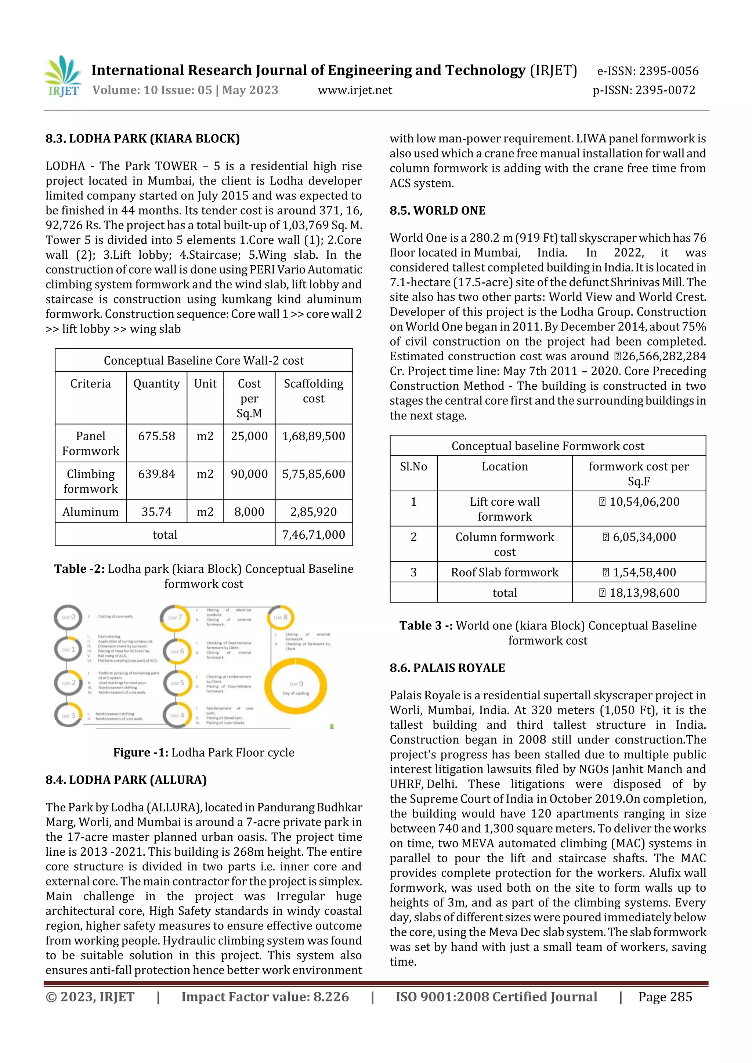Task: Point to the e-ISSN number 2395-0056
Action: point(648,71)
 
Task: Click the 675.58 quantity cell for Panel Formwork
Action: point(157,436)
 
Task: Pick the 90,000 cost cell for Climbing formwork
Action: point(249,474)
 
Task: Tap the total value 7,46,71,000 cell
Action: point(314,535)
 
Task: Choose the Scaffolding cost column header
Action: point(314,391)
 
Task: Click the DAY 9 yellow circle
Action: point(296,687)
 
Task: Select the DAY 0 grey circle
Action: point(68,617)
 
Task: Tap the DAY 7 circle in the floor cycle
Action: point(175,618)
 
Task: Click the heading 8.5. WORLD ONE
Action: point(437,211)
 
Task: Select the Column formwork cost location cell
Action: point(505,544)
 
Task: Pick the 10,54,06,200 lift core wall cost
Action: point(639,502)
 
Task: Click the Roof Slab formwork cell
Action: point(505,572)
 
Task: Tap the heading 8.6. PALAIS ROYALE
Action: point(447,667)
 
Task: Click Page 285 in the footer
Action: point(665,997)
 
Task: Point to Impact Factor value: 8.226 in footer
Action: point(265,997)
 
